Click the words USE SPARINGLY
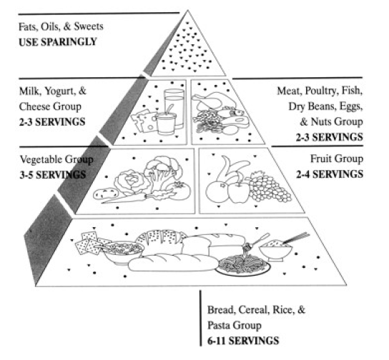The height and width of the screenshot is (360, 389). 58,42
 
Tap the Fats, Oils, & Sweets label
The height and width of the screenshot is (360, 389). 61,26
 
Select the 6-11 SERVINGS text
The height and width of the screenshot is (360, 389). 243,341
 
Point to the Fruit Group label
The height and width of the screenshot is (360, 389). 337,159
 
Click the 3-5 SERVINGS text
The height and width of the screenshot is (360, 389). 53,175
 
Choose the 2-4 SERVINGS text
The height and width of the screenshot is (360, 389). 330,174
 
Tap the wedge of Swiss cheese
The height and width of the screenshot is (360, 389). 144,121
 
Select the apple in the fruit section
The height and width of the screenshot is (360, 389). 238,191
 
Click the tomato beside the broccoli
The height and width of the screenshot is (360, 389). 180,191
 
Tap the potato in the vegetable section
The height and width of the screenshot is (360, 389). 106,194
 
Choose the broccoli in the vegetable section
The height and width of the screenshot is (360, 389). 162,170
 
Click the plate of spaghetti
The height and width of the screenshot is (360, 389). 242,266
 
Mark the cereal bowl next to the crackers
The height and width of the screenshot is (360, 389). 123,252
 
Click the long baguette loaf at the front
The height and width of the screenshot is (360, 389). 173,263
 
